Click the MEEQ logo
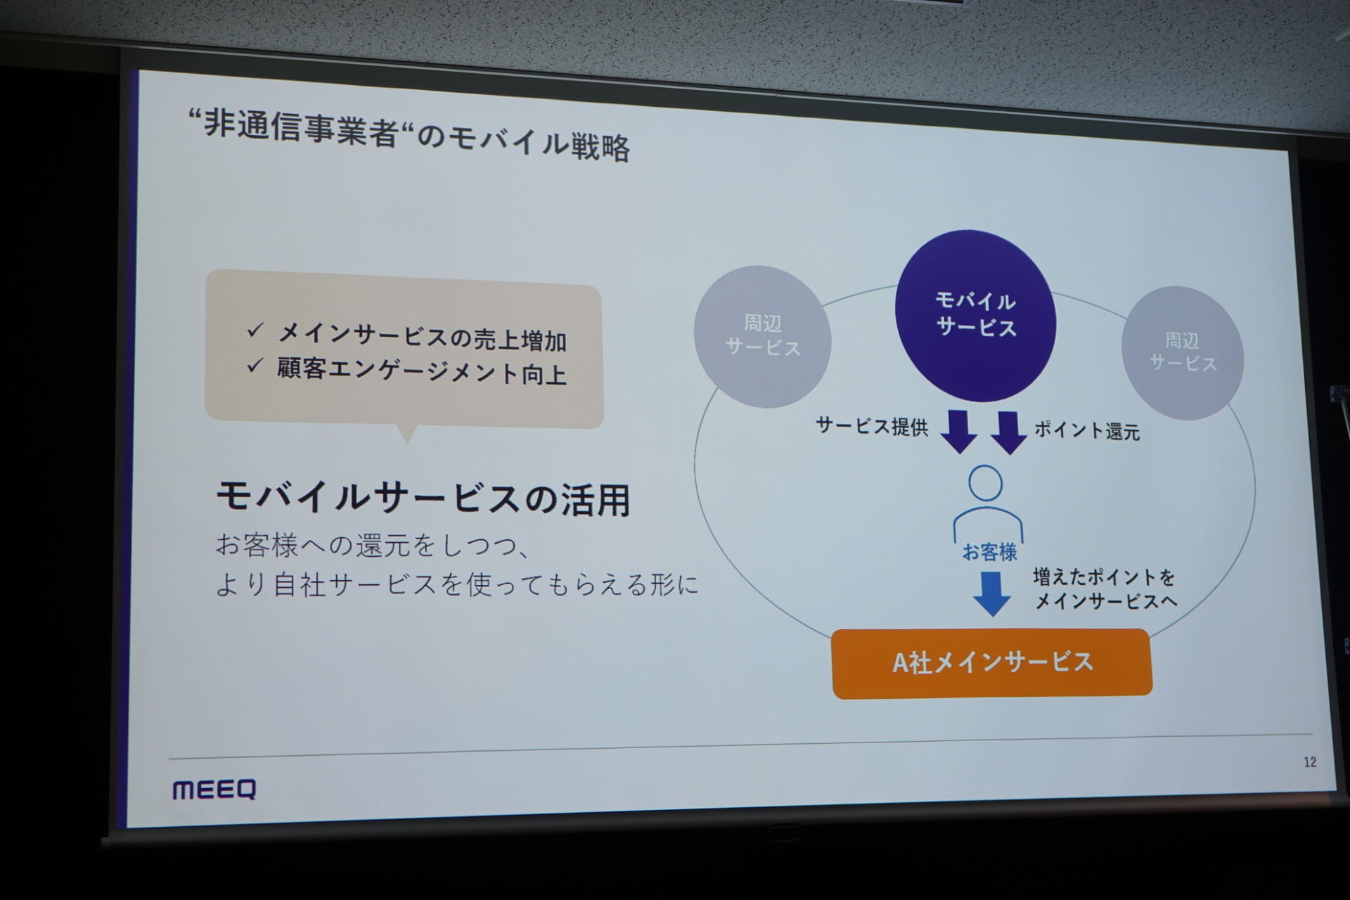tap(214, 790)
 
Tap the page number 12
tap(1310, 762)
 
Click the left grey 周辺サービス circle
tap(763, 336)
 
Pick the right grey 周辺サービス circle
tap(1183, 353)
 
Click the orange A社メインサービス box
tap(992, 663)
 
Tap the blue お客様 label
tap(989, 552)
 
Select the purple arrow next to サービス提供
tap(959, 431)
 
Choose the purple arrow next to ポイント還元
tap(1009, 432)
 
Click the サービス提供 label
tap(872, 426)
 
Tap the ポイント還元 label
tap(1087, 430)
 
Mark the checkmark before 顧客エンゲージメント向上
tap(255, 366)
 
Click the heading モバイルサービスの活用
tap(423, 498)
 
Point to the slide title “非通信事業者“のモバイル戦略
tap(409, 136)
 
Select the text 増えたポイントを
tap(1104, 577)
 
